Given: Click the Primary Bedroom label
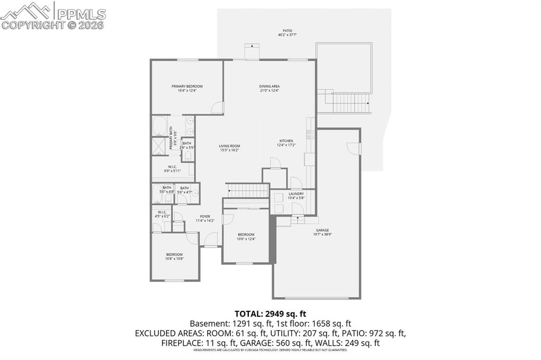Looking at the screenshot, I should pos(187,88).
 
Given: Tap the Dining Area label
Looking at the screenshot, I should pos(269,88).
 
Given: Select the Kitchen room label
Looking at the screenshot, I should pos(286,143).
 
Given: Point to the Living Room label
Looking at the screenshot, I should pos(230,148).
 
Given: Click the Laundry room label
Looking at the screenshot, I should pos(296,196).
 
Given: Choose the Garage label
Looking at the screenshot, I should pos(322,232).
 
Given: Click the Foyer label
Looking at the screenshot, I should pos(205,219).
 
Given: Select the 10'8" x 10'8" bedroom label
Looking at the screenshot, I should pos(174,257).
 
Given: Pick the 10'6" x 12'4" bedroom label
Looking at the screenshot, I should pos(246,236).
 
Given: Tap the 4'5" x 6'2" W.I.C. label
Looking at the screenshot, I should pos(161,214).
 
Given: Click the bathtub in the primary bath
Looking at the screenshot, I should pos(160,127).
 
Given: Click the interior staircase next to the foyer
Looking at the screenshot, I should pos(247,190).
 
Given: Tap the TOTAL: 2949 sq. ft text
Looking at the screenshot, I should pos(270,314).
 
